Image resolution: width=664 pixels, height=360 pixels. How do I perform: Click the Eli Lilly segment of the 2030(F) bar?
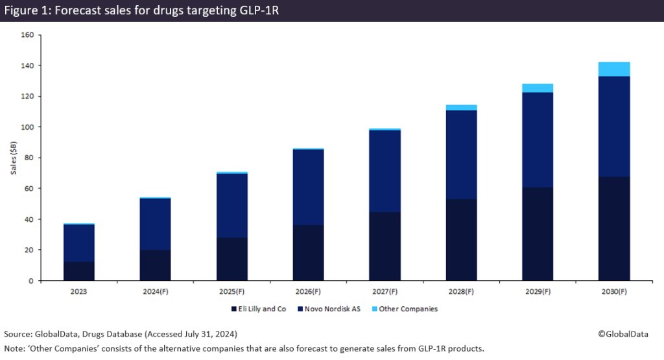pyautogui.click(x=614, y=228)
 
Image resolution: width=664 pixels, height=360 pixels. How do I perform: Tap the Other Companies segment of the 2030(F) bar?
pyautogui.click(x=614, y=69)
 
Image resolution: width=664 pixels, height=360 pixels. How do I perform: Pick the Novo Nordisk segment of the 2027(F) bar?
pyautogui.click(x=385, y=171)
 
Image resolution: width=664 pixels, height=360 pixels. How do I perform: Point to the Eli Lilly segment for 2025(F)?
pyautogui.click(x=232, y=259)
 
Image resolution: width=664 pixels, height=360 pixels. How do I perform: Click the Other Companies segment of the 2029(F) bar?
pyautogui.click(x=538, y=88)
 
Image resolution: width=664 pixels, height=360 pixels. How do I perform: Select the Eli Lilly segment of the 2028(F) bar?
pyautogui.click(x=462, y=239)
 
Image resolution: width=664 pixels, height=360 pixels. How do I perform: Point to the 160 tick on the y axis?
pyautogui.click(x=27, y=35)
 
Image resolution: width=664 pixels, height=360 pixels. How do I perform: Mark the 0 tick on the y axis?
pyautogui.click(x=30, y=280)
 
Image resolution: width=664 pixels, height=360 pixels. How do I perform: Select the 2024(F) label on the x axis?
pyautogui.click(x=156, y=291)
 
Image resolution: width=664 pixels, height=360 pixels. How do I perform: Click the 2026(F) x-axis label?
pyautogui.click(x=309, y=291)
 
